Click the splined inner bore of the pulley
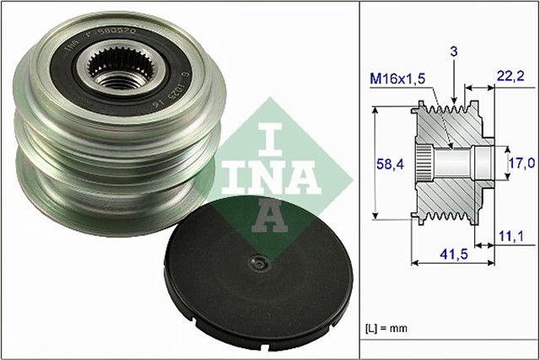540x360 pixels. point(113,67)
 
